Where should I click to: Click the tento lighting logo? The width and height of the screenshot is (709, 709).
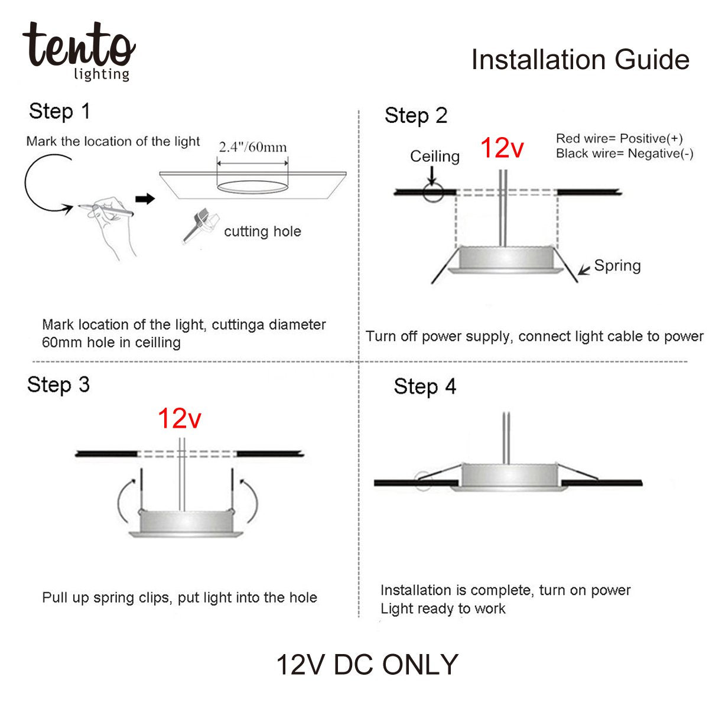pos(79,51)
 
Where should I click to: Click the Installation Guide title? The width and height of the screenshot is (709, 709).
pos(580,59)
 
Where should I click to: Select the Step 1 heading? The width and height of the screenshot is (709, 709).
pos(60,112)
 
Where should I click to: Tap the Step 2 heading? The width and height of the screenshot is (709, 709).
pos(416,116)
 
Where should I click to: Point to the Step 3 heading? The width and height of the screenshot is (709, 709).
pos(58,385)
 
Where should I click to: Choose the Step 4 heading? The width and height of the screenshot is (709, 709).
pos(425,386)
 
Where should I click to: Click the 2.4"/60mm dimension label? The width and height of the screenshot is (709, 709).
pos(253,147)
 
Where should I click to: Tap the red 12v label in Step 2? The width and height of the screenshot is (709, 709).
pos(502,148)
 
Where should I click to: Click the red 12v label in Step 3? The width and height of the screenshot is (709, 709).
pos(179,419)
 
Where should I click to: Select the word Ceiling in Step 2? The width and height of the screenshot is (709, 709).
pos(435,157)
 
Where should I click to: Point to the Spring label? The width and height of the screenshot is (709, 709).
pos(617,266)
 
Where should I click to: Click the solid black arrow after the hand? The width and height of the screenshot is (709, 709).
pos(145,199)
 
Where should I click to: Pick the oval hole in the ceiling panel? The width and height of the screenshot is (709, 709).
pos(252,187)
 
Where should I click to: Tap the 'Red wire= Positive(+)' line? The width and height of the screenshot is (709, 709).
pos(619,139)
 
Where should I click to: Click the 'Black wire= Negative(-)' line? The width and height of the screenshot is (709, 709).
pos(625,154)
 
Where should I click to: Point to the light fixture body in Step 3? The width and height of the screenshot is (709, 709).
pos(186,522)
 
